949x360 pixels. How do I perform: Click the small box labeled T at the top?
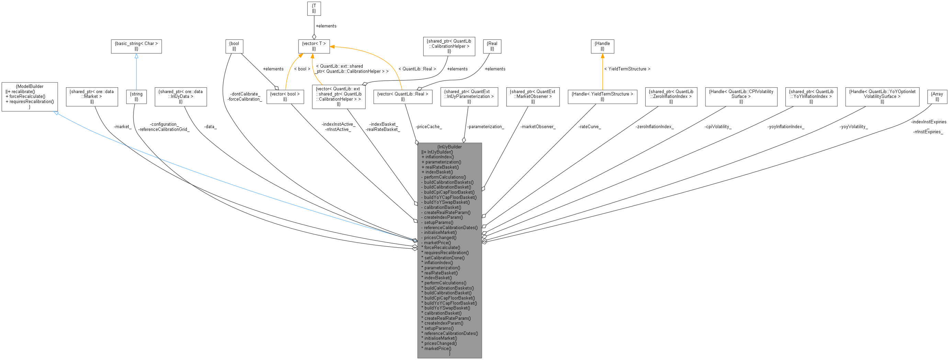click(x=314, y=9)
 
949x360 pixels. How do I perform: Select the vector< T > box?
click(x=314, y=46)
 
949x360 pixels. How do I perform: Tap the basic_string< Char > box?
click(x=136, y=46)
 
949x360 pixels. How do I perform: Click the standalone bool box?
click(x=234, y=46)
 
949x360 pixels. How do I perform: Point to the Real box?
click(x=492, y=46)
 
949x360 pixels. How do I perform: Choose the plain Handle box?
click(x=602, y=46)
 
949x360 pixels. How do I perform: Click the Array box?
click(x=937, y=97)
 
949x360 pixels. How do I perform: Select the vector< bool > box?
click(x=285, y=97)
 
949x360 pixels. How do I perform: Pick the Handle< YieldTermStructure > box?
click(x=602, y=97)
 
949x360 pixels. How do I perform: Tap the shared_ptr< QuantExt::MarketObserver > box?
click(x=533, y=97)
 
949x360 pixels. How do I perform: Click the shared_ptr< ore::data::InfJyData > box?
click(x=181, y=97)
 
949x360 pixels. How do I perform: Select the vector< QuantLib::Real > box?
click(x=403, y=97)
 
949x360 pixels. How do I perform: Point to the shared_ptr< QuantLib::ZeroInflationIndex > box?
click(x=671, y=97)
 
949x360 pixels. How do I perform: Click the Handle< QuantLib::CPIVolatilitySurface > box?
click(x=741, y=97)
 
